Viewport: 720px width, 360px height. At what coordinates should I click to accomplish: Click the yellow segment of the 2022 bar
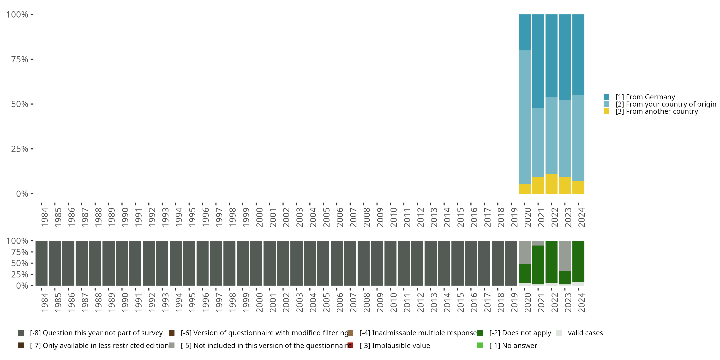[551, 184]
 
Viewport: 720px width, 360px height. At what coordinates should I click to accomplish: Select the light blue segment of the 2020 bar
[524, 117]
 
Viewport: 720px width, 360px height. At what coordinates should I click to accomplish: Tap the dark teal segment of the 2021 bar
[538, 61]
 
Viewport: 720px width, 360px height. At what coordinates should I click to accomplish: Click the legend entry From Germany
[645, 97]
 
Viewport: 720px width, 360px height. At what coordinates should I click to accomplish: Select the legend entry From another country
[657, 112]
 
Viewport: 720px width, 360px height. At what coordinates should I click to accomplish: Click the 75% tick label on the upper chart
[20, 59]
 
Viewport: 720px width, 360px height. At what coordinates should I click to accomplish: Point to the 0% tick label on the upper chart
[22, 194]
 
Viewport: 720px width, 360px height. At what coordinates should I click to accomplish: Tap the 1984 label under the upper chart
[44, 217]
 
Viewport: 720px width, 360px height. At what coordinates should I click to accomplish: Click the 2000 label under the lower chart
[259, 303]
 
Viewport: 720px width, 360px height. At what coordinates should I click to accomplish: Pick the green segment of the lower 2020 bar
[524, 273]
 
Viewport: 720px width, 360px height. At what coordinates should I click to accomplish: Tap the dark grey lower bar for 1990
[122, 263]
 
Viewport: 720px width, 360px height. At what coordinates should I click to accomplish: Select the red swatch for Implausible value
[350, 345]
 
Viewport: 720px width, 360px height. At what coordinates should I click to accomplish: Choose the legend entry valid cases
[585, 333]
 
